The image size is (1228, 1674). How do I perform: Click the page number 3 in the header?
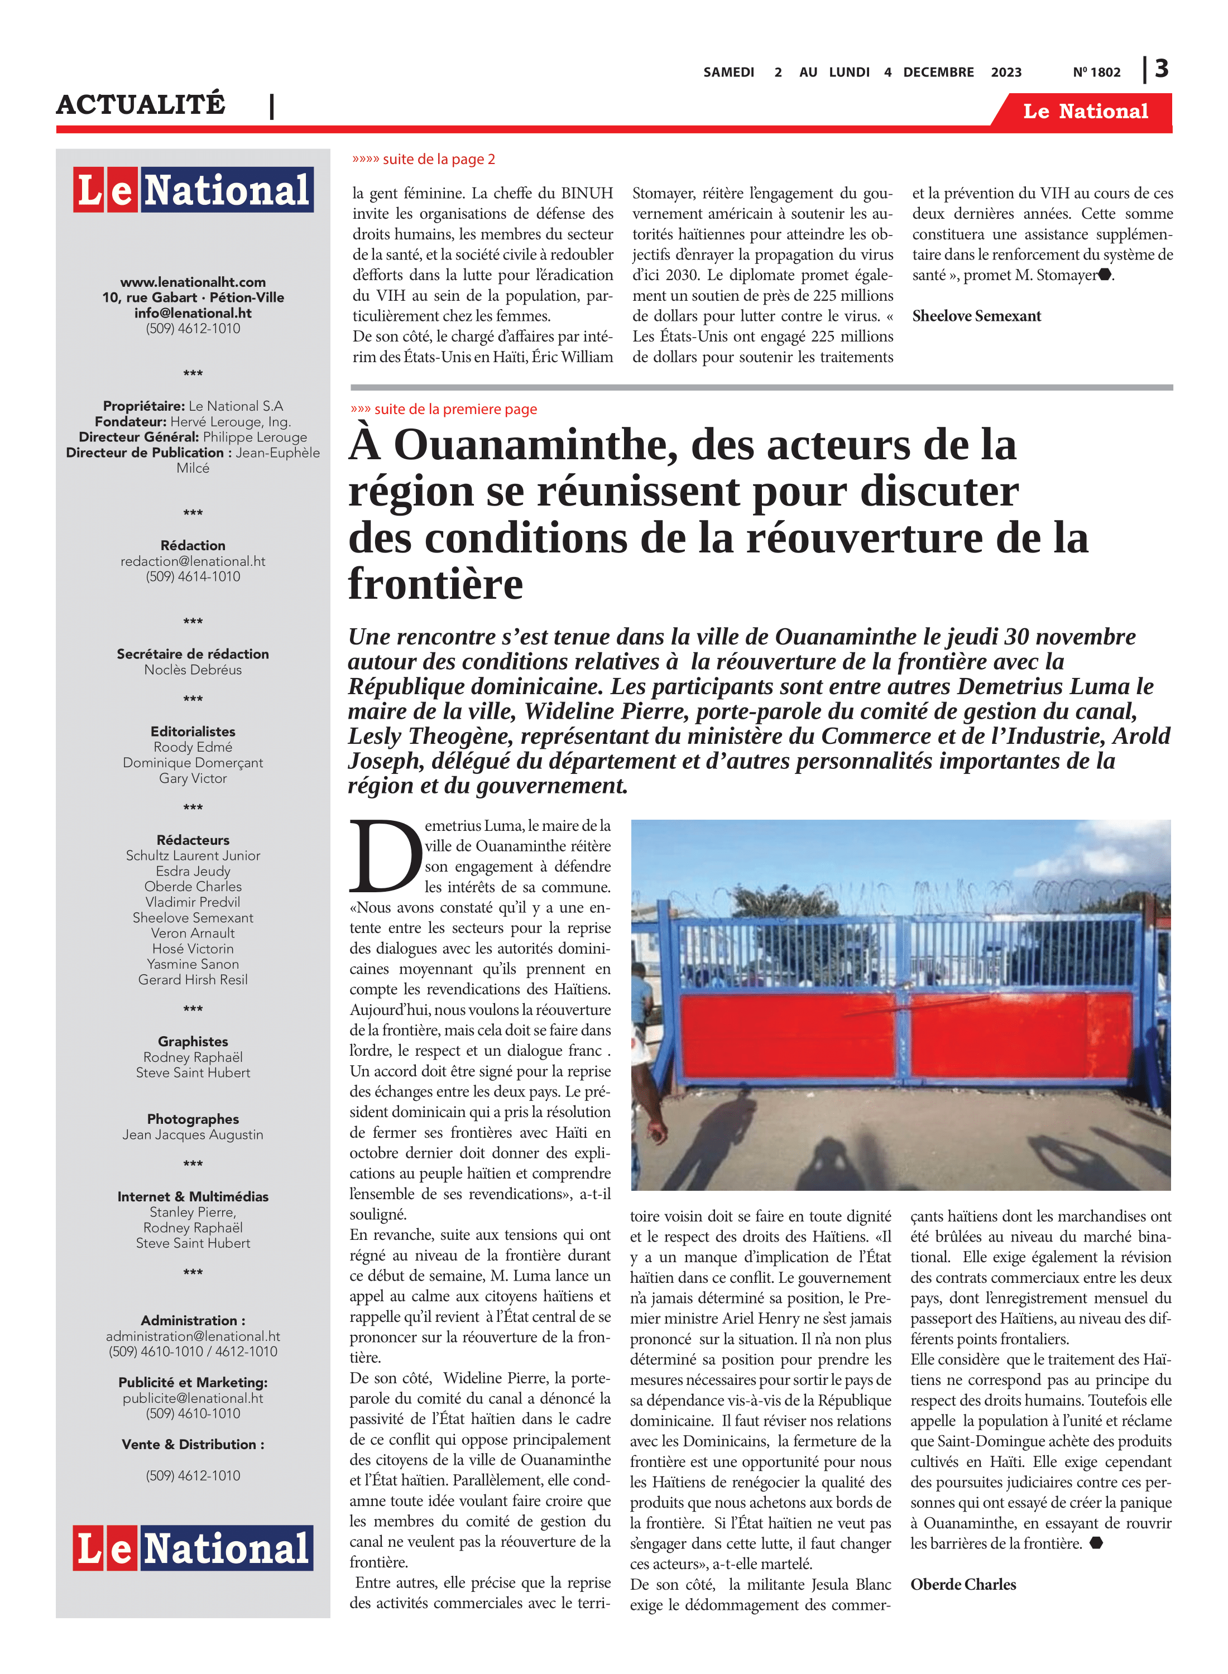click(1162, 69)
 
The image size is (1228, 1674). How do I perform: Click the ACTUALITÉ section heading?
click(141, 104)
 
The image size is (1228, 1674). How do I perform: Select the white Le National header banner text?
click(1085, 112)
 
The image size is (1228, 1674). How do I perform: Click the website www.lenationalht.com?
click(193, 282)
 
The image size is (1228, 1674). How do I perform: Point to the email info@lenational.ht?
click(193, 313)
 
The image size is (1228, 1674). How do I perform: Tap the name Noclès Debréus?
click(193, 670)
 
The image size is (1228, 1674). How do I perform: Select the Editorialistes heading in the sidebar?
click(193, 731)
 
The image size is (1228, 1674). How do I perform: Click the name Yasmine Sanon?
click(193, 964)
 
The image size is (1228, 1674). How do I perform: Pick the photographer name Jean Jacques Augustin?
click(193, 1134)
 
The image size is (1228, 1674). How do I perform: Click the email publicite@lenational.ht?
click(193, 1398)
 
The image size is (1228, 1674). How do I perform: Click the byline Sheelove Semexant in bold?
click(976, 316)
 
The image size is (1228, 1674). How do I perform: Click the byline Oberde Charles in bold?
click(963, 1584)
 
